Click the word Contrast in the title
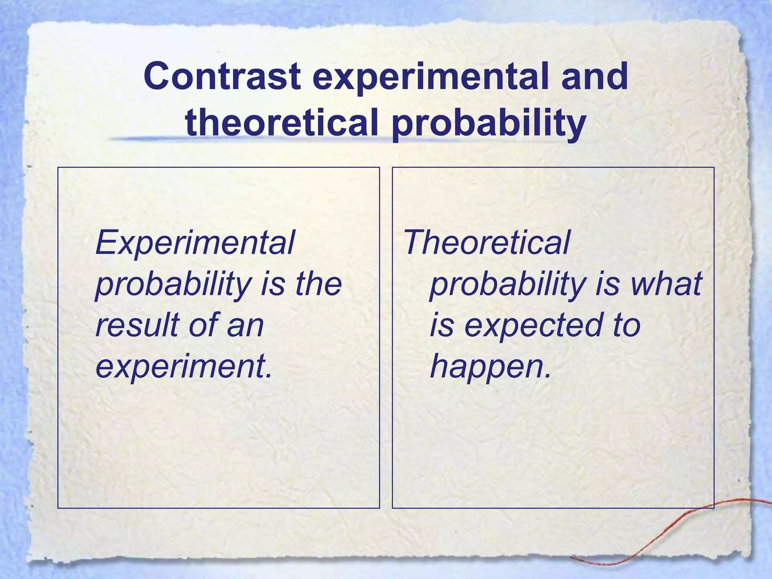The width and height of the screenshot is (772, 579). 222,77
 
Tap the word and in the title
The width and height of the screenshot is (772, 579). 594,77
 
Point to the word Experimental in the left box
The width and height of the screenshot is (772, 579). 195,243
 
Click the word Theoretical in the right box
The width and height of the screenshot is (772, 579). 487,243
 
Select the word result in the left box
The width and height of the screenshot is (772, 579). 136,325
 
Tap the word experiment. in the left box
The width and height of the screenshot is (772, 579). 184,366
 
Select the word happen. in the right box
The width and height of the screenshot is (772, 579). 490,366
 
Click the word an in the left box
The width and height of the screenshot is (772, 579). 245,325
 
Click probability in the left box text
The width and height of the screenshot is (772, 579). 173,283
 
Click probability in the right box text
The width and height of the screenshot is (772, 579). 507,283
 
